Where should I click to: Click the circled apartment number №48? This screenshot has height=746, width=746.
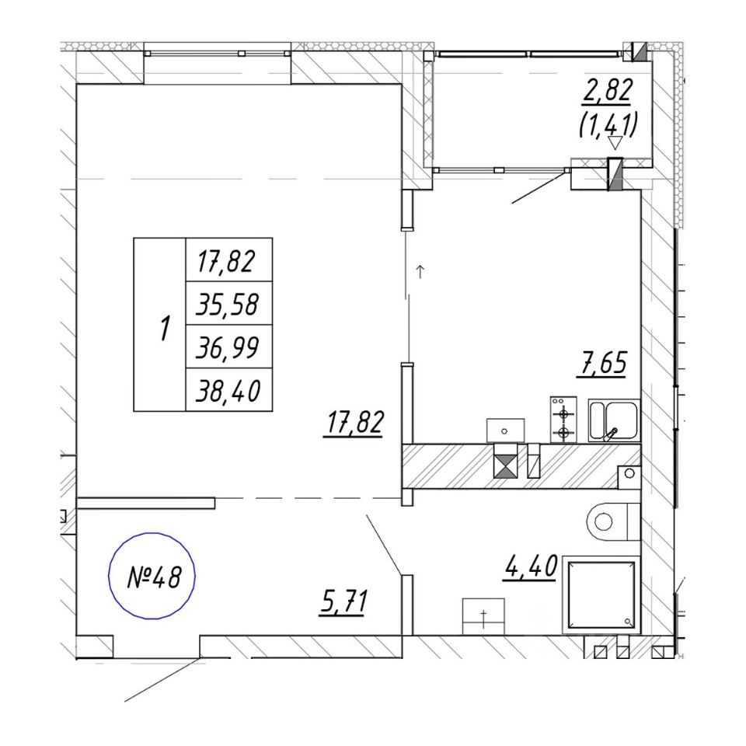[x=152, y=576]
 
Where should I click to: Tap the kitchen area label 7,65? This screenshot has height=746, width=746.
[x=601, y=363]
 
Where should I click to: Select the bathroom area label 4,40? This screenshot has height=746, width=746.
[x=531, y=566]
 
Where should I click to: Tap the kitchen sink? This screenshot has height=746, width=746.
[x=613, y=420]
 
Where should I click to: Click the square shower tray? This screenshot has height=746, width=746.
[x=599, y=594]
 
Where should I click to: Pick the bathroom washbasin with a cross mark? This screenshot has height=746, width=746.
[x=483, y=616]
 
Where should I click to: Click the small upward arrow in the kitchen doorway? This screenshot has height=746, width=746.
[x=420, y=271]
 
